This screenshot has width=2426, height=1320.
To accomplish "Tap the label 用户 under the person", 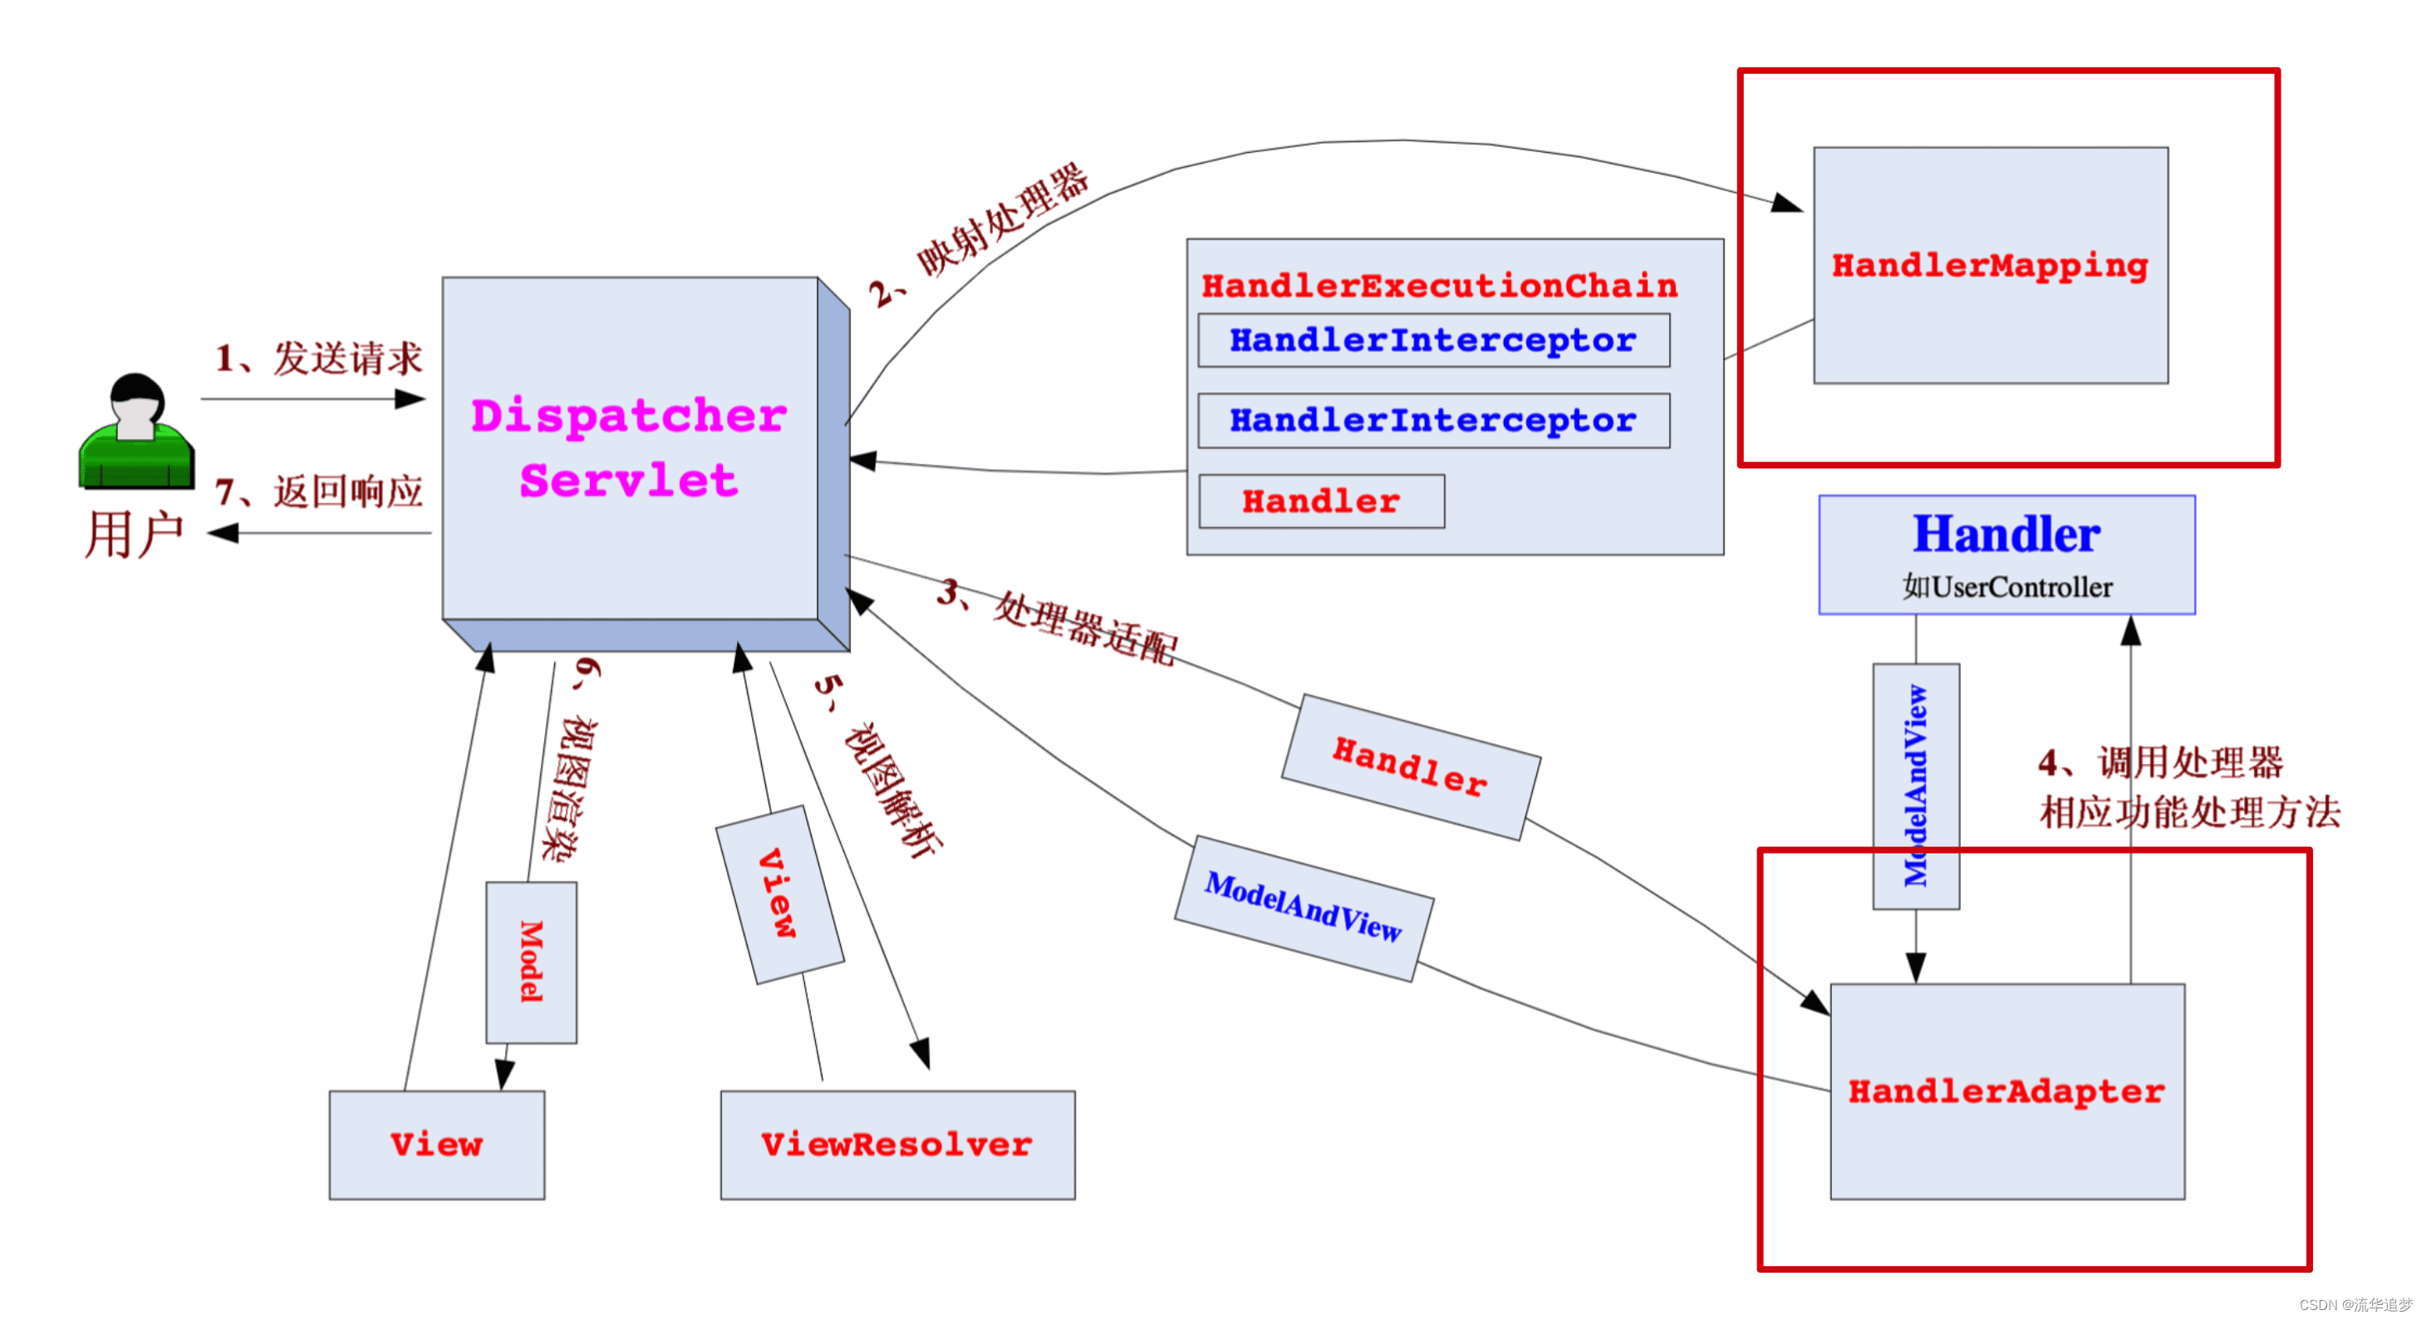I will (134, 534).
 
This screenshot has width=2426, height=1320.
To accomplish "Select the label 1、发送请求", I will (319, 358).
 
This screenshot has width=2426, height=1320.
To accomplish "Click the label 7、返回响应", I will (319, 492).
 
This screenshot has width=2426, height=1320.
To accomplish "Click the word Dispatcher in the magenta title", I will (628, 416).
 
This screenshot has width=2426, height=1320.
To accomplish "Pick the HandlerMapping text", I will (1989, 266).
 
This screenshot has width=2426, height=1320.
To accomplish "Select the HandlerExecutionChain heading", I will (1439, 285).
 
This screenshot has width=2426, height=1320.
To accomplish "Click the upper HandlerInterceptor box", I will (1432, 340).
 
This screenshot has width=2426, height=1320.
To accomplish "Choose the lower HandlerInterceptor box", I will (1432, 421).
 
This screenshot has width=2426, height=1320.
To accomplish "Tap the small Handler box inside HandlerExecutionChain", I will (1320, 501).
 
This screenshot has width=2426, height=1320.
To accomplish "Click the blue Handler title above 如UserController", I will (2006, 534).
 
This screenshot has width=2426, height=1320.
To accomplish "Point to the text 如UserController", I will (2006, 587).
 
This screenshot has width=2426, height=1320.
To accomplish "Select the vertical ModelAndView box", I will (1916, 786).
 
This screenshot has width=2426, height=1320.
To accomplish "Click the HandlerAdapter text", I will (2006, 1091).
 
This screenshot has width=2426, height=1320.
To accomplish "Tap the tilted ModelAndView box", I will (1304, 909).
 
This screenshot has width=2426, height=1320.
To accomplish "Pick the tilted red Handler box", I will (1410, 767).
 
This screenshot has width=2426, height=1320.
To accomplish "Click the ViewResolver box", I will (896, 1145).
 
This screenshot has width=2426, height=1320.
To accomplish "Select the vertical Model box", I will (531, 962).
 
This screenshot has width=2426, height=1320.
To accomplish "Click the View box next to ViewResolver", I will (436, 1145).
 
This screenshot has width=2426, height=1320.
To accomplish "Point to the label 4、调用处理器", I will (2160, 762).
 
